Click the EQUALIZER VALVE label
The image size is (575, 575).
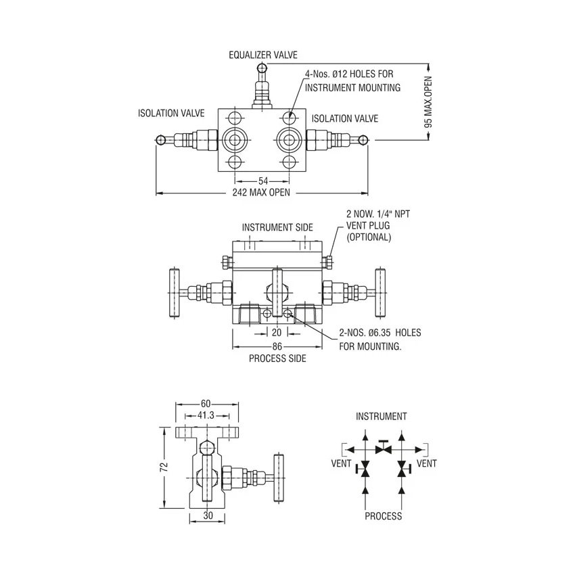pos(262,55)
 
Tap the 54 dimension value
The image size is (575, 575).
pos(263,181)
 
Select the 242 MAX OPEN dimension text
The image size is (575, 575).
pos(262,193)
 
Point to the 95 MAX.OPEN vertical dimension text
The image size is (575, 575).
pos(427,103)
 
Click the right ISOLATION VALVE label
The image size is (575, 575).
pos(345,118)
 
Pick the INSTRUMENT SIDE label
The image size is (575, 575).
pos(277,227)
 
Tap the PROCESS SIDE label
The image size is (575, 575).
pos(277,358)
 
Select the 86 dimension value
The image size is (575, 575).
pos(277,346)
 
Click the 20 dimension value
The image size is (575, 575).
pos(277,332)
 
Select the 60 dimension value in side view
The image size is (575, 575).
pos(206,404)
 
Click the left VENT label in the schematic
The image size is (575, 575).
pos(341,463)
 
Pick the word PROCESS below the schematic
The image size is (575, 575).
pos(383,516)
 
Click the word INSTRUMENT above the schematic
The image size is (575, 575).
pos(382,417)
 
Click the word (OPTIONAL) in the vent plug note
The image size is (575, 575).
pos(369,237)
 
